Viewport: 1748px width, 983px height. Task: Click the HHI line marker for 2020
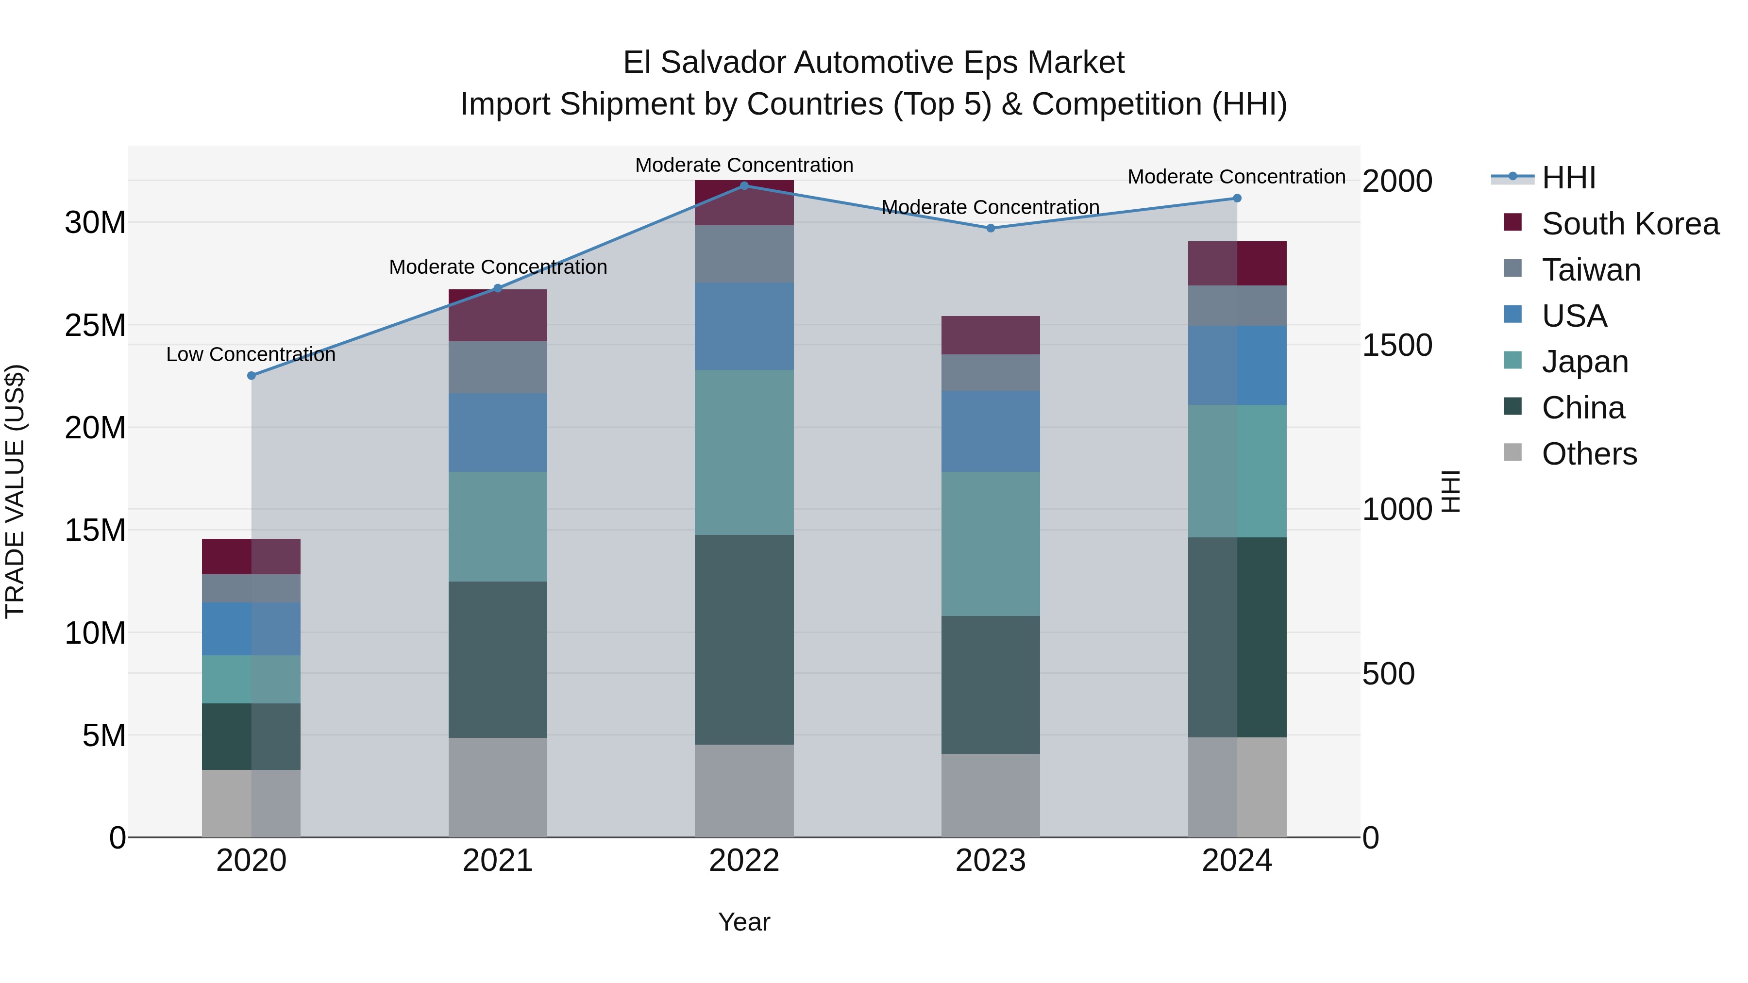pos(251,375)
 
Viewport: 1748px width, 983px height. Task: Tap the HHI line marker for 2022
pos(744,185)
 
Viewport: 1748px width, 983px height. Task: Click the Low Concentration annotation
pos(251,354)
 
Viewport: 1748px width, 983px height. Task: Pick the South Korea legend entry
pos(1630,224)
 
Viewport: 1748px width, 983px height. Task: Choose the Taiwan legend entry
pos(1591,270)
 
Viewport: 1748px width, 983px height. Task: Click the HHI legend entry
pos(1568,178)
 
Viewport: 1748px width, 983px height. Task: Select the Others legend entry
pos(1589,454)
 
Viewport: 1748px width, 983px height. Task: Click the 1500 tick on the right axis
pos(1397,345)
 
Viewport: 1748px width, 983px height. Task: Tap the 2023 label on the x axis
pos(990,861)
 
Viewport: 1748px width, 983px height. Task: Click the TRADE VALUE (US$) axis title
pos(15,491)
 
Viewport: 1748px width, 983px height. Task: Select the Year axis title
pos(744,922)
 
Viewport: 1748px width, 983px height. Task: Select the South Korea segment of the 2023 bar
pos(990,335)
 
